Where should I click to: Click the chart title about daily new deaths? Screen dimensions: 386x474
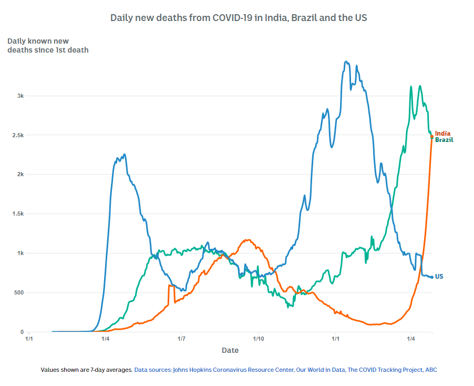click(x=238, y=17)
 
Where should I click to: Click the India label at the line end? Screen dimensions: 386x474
click(x=442, y=134)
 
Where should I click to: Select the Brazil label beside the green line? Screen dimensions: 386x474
click(x=444, y=140)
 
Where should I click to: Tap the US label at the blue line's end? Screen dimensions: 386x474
click(x=439, y=277)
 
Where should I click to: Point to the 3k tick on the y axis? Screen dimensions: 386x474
click(x=20, y=96)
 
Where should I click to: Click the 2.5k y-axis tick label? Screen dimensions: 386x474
click(x=18, y=135)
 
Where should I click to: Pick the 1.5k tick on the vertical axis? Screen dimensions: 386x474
click(x=18, y=214)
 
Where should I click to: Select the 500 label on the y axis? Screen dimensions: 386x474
click(x=18, y=292)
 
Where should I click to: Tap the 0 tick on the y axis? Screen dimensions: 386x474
click(x=23, y=332)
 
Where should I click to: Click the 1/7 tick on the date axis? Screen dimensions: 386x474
click(x=182, y=339)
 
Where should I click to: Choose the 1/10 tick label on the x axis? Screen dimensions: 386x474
click(x=258, y=339)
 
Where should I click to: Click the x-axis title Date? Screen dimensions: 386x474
click(x=230, y=350)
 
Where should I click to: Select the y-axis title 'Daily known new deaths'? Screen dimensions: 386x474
click(x=47, y=45)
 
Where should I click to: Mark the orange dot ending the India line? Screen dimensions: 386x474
click(x=432, y=137)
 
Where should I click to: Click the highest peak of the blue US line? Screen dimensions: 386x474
click(x=346, y=62)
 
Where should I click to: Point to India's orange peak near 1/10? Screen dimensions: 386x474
click(x=247, y=240)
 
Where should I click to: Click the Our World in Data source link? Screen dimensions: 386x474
click(x=321, y=370)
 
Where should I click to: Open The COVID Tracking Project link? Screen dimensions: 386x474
click(x=385, y=370)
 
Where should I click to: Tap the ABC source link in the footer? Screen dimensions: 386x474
click(x=431, y=370)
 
